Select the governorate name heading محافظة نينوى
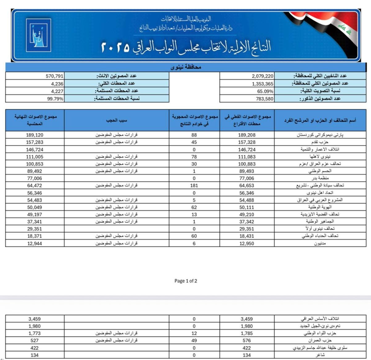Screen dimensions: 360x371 185,67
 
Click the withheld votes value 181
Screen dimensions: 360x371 194,186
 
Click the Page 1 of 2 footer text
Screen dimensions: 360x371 186,281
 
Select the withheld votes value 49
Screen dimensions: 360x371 194,340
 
